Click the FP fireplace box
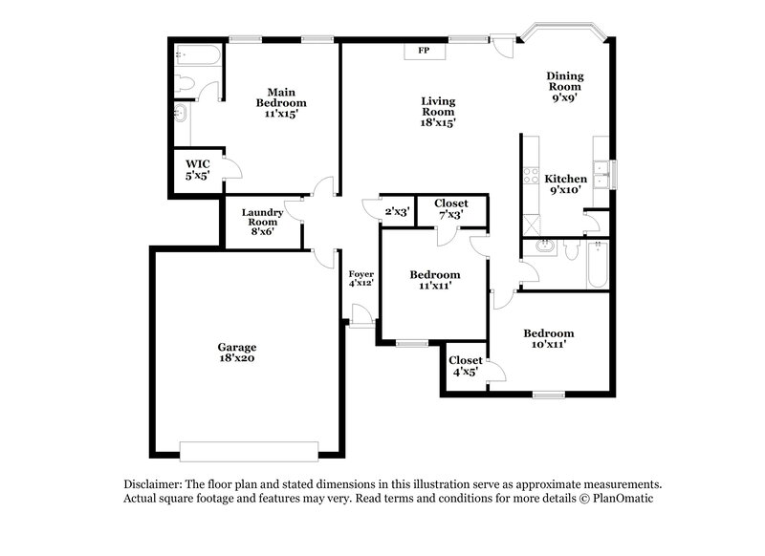423,51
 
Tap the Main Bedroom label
280,102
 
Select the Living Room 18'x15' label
439,111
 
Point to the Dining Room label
564,85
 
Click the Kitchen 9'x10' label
565,185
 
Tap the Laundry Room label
261,221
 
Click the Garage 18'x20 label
236,353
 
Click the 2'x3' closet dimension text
397,212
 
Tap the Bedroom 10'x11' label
548,339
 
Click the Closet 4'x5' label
467,366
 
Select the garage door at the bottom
249,450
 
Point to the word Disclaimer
153,484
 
